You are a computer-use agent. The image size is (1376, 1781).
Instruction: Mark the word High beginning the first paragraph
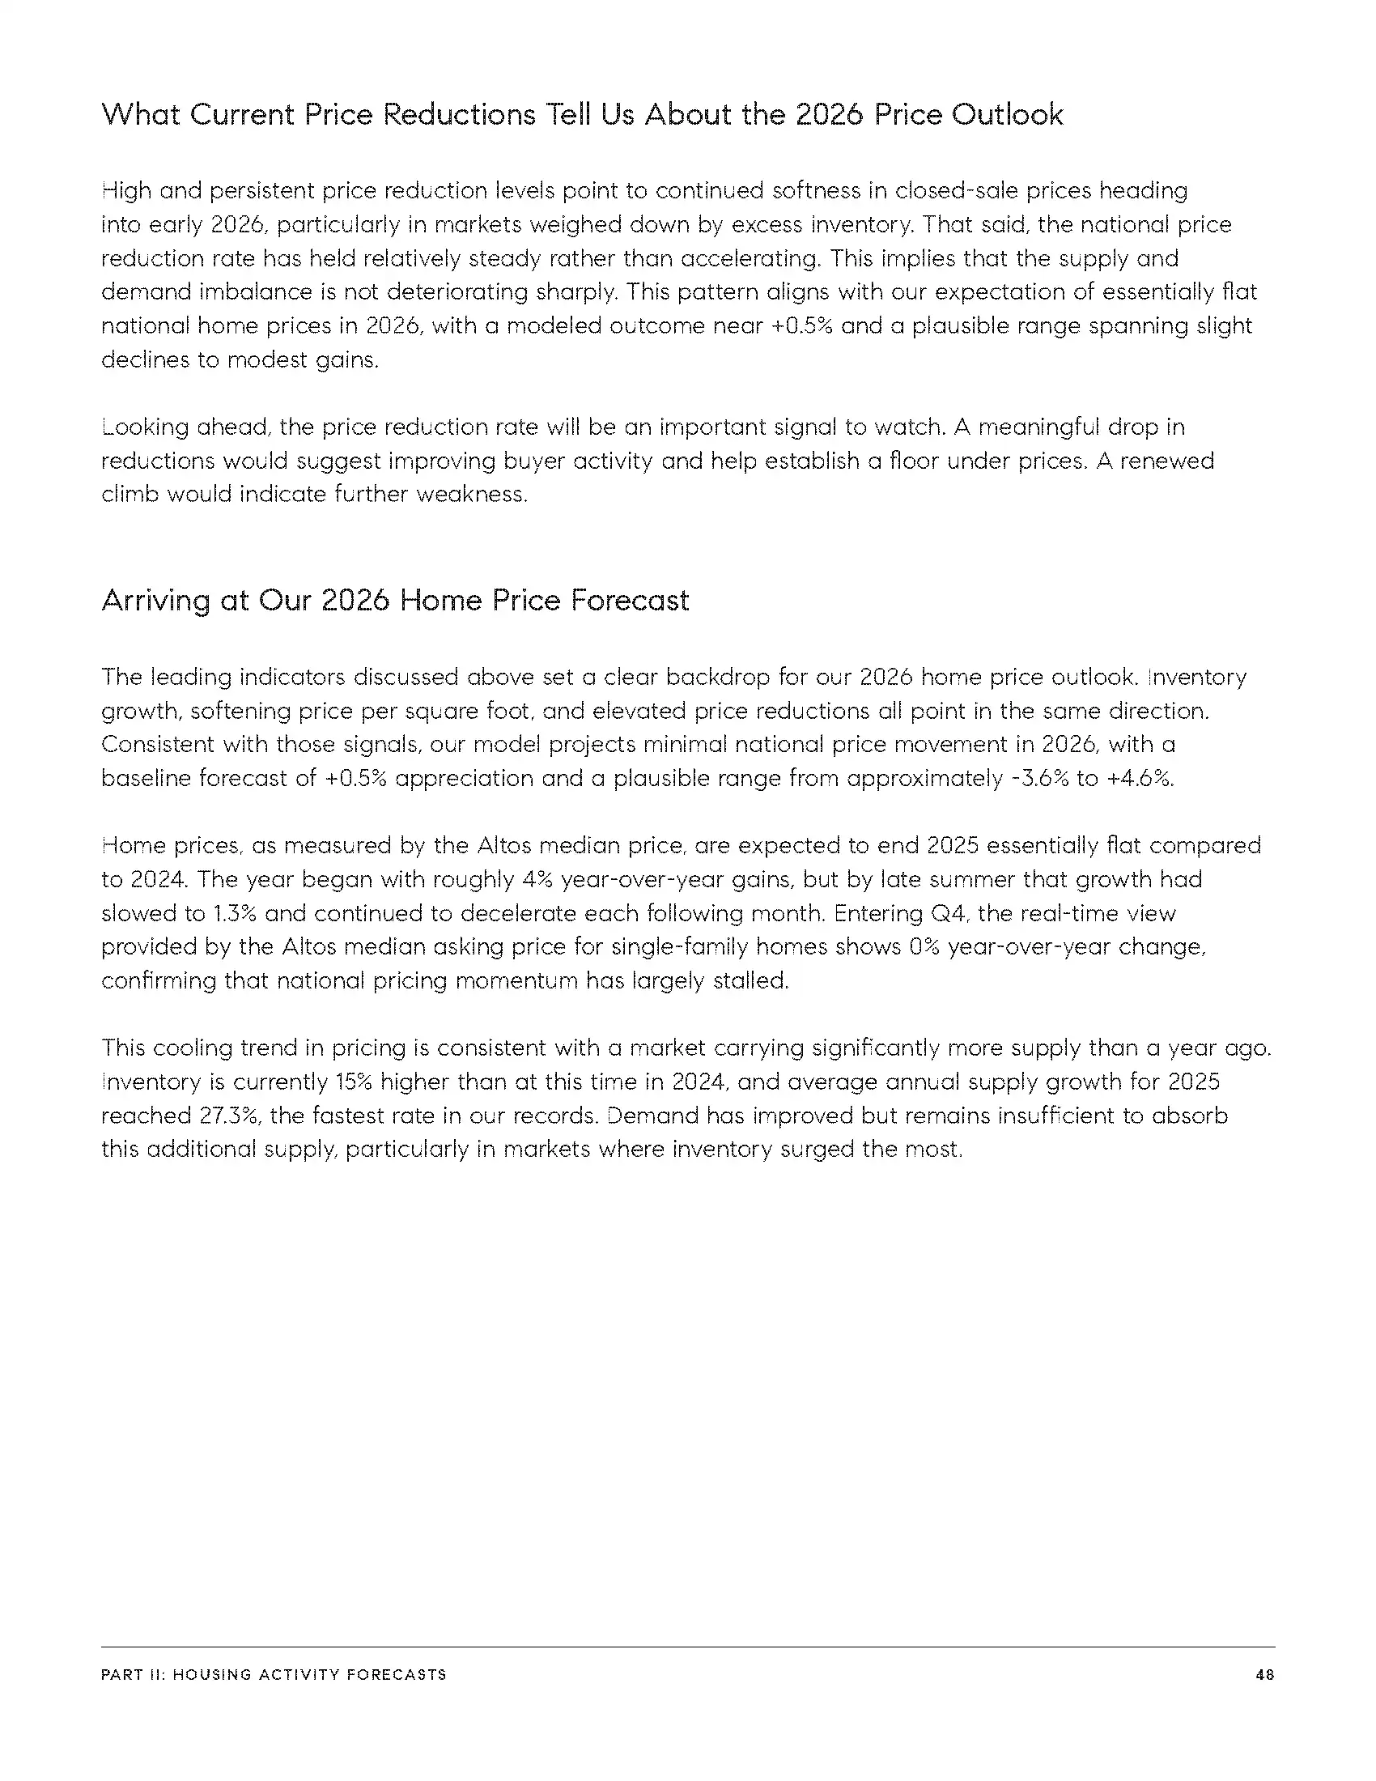pos(126,191)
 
